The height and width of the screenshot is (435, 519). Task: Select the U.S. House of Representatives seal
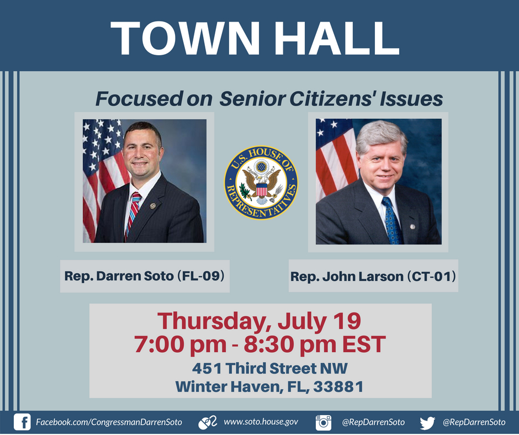261,183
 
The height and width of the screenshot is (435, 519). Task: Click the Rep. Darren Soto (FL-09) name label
145,275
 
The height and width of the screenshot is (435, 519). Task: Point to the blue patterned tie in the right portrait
391,219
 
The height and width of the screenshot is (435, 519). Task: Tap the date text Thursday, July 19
260,321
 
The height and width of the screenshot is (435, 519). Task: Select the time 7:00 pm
179,344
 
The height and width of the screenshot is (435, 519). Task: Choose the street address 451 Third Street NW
270,368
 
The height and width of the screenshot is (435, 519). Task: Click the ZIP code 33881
338,387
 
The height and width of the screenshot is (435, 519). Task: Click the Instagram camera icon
324,423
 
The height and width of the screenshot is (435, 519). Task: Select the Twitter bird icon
427,423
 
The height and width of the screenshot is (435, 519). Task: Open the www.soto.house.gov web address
261,422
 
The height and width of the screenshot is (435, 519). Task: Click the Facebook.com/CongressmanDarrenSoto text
108,422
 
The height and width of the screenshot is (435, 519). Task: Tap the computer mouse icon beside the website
207,423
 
